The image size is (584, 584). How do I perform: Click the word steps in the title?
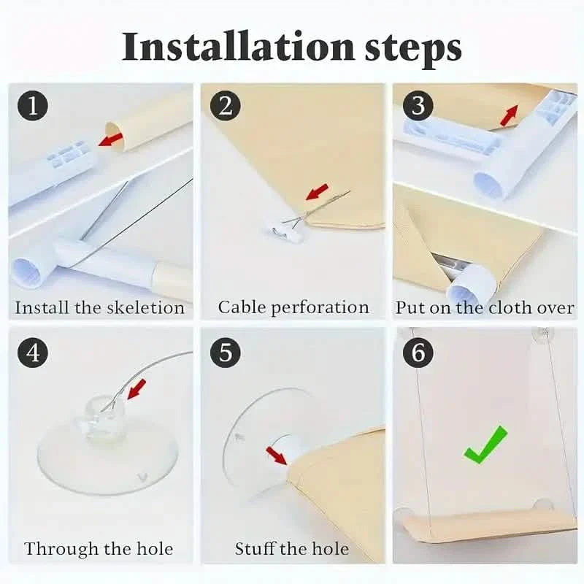point(412,50)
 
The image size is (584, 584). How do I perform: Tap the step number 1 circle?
point(33,105)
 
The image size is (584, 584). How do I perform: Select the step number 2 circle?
point(226,105)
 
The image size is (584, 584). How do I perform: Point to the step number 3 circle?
point(418,105)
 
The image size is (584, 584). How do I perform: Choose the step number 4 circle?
point(33,352)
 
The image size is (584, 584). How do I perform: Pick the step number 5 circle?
point(226,352)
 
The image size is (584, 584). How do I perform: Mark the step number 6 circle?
point(418,352)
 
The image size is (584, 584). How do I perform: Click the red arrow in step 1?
point(110,139)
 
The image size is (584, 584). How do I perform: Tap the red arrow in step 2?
point(317,191)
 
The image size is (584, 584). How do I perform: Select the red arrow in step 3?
point(509,115)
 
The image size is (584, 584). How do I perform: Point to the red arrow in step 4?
point(137,389)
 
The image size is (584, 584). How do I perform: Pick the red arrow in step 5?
point(277,456)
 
